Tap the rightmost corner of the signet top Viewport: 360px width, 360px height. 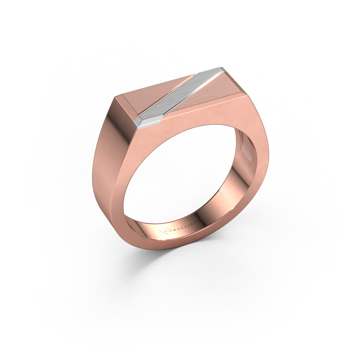[247, 94]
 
